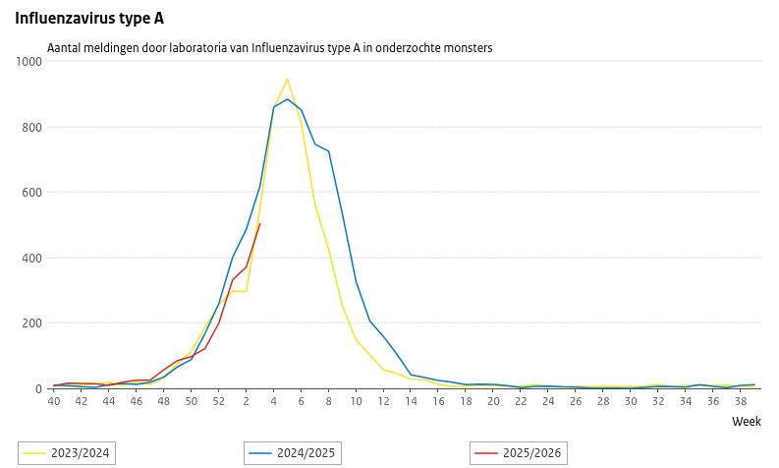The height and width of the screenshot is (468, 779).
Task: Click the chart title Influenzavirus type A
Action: tap(89, 17)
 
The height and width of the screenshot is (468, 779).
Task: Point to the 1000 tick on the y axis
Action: tap(29, 62)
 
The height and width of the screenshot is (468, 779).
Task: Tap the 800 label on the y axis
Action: tap(32, 127)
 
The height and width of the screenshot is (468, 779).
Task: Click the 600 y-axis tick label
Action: tap(32, 193)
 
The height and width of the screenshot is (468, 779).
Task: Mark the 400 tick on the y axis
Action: tap(32, 258)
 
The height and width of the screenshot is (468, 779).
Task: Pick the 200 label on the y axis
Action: tap(32, 323)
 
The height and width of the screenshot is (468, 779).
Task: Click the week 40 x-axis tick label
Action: tap(54, 401)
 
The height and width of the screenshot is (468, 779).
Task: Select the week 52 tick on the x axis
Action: tap(218, 401)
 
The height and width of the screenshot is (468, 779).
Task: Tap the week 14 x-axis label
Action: tap(411, 401)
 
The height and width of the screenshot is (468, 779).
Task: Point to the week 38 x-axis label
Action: tap(741, 401)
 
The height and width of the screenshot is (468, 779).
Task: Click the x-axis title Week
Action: tap(747, 421)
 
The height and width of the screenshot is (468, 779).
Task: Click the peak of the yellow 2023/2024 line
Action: tap(287, 80)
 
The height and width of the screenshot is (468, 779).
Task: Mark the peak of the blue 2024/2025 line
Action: tap(287, 99)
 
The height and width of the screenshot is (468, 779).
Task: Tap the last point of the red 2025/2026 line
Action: tap(259, 223)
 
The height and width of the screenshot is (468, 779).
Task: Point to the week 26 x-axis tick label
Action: tap(576, 401)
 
